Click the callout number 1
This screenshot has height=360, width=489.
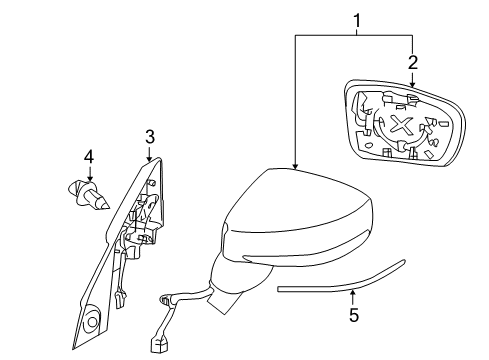click(355, 18)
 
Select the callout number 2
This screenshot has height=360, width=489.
click(412, 62)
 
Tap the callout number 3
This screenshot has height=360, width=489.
click(149, 135)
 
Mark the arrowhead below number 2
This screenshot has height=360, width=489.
click(412, 78)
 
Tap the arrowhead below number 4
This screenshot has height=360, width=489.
click(89, 174)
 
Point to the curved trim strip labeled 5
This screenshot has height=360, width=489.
click(340, 283)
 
